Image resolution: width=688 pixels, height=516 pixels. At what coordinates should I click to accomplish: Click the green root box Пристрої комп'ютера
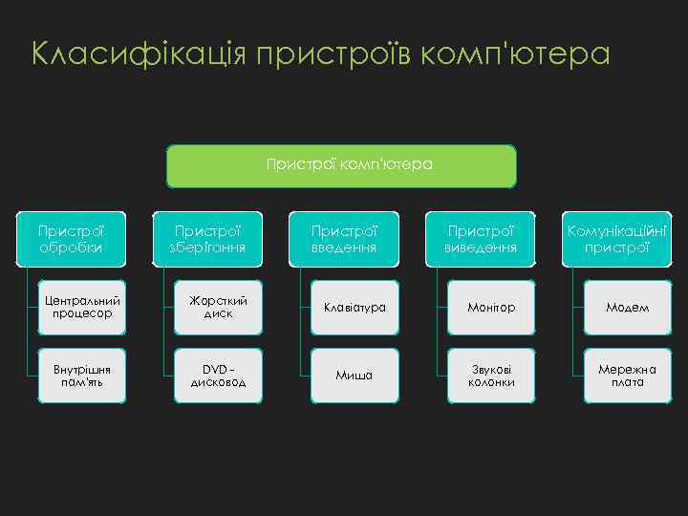(342, 165)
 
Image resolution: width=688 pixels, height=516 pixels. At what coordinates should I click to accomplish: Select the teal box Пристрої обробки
(70, 239)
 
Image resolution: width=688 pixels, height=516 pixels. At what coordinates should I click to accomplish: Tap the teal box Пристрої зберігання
(205, 239)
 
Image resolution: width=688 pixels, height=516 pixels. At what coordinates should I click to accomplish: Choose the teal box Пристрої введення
(343, 239)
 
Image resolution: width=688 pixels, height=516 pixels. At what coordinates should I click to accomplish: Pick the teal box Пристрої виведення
(479, 239)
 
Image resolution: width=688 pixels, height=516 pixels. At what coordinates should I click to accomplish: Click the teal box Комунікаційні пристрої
(616, 239)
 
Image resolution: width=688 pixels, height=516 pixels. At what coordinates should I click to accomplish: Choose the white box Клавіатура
(355, 307)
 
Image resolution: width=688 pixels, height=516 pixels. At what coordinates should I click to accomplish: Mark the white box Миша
(355, 375)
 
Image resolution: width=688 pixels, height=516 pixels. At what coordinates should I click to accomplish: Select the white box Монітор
(491, 307)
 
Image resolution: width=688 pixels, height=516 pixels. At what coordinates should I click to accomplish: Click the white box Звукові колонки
(491, 375)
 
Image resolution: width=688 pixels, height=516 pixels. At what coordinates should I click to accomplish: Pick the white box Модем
(628, 307)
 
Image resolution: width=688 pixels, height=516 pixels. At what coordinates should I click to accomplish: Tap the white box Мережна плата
(628, 375)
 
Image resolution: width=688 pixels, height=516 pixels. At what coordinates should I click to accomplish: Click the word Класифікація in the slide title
(139, 54)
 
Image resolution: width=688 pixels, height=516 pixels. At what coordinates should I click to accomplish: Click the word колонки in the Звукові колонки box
(491, 382)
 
